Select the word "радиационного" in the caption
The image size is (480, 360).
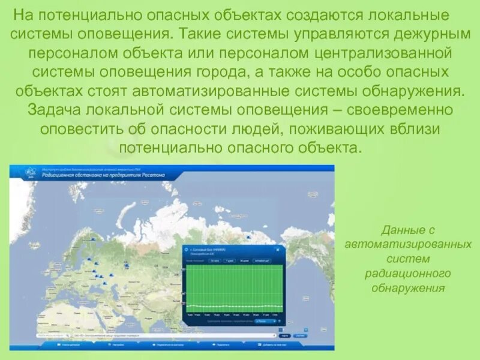[x=407, y=273]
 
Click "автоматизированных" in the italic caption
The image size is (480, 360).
[x=408, y=244]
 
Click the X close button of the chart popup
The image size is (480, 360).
[x=277, y=248]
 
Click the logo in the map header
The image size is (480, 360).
[x=29, y=173]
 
